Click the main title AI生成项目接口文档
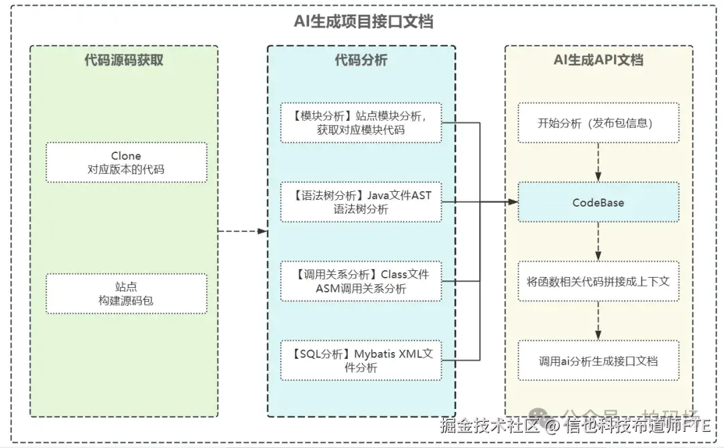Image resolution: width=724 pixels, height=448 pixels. pos(363,21)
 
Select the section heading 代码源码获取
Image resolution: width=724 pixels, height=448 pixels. pos(123,60)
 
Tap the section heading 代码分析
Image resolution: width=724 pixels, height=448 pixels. pos(361,60)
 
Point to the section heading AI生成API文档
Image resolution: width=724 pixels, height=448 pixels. pos(598,60)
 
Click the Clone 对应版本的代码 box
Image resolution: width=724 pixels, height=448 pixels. pos(126,162)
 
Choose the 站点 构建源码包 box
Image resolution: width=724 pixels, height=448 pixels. pos(126,294)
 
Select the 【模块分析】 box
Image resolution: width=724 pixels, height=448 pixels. pos(361,123)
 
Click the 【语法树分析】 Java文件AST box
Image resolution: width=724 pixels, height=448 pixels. pos(361,202)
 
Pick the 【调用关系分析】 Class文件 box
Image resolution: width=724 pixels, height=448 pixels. pos(361,281)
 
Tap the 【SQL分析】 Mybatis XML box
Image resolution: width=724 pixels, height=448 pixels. pos(361,360)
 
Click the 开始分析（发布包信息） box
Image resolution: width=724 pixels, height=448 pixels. pos(598,123)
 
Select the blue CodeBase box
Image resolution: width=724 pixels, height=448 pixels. pos(598,202)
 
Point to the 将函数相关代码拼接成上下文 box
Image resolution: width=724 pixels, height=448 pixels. pos(598,281)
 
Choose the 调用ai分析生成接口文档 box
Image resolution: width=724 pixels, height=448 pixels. pos(598,360)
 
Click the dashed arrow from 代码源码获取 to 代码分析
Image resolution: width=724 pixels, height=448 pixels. pos(242,231)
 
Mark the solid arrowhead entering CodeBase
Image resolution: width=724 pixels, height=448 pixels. pos(512,202)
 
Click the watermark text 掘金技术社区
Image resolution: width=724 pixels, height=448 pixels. pos(489,426)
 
